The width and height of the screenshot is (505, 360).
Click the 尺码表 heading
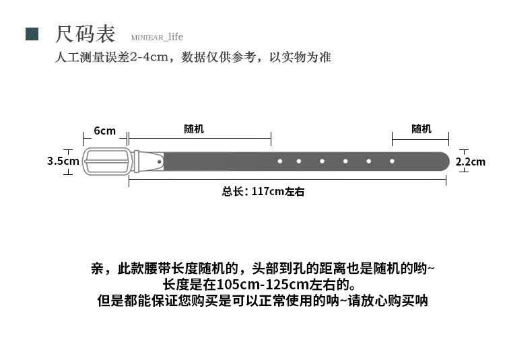[x=85, y=34]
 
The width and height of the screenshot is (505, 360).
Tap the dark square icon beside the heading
[x=32, y=34]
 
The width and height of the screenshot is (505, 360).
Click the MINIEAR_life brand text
[x=152, y=37]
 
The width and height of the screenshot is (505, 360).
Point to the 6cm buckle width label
[x=104, y=131]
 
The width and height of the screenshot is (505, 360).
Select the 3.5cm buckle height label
[x=63, y=161]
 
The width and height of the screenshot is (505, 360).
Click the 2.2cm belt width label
[x=471, y=161]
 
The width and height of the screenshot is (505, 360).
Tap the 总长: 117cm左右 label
[x=263, y=192]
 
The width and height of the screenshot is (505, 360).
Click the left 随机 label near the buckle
[x=194, y=129]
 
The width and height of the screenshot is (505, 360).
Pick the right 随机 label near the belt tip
[x=421, y=129]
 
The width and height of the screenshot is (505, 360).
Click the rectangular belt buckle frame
[x=105, y=161]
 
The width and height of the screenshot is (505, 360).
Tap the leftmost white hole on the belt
[x=279, y=161]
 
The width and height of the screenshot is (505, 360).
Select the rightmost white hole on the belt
[x=392, y=161]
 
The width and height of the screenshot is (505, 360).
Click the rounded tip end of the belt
[x=444, y=161]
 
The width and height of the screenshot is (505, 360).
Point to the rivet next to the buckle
[x=159, y=161]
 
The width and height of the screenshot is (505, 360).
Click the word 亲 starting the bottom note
[x=97, y=268]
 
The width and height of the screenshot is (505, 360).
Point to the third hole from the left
[x=322, y=161]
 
